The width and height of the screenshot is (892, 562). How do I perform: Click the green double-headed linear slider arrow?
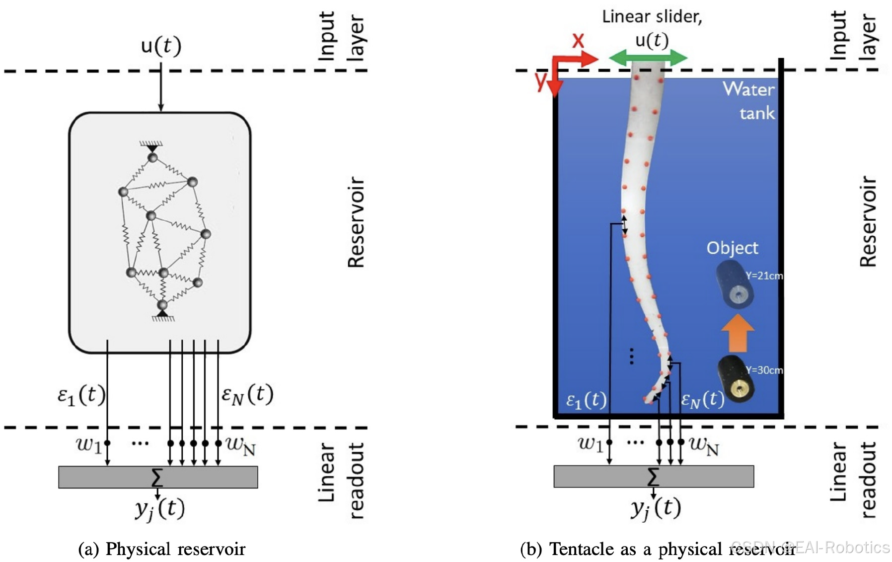pos(648,58)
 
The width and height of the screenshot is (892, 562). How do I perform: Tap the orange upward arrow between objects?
pos(738,333)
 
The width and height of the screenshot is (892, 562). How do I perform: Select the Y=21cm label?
pos(764,276)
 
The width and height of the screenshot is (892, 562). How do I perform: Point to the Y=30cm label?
pos(764,370)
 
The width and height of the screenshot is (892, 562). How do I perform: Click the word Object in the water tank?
pos(732,248)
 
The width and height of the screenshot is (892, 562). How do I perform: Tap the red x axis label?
pos(578,40)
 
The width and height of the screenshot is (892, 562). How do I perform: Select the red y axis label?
pos(541,80)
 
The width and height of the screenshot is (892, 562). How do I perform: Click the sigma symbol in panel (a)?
pos(157,477)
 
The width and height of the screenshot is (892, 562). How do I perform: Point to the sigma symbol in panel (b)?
pos(653,476)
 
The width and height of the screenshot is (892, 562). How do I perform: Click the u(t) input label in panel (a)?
pos(161,46)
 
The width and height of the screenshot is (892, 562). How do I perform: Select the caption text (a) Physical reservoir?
pos(162,549)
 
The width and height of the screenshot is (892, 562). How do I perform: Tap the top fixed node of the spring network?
pos(152,157)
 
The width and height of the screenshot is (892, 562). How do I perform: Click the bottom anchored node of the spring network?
pos(162,305)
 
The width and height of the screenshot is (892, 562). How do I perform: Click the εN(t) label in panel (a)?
pos(247,395)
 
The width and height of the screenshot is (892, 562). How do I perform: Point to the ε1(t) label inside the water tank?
pos(586,400)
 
